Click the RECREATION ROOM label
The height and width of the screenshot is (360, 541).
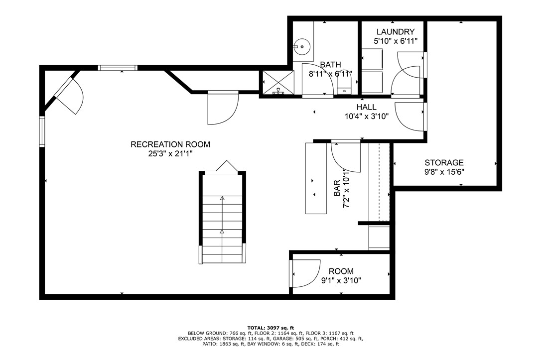170,144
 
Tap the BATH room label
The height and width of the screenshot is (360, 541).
330,65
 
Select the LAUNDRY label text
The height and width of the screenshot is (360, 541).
395,32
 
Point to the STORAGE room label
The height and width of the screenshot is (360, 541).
444,163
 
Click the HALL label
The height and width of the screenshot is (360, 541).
366,108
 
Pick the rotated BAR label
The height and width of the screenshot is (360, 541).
337,188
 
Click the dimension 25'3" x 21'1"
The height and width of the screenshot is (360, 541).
170,154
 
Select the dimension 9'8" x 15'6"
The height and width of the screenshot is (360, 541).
444,172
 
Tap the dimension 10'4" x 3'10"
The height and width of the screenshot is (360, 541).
366,117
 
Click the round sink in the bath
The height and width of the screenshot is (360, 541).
301,47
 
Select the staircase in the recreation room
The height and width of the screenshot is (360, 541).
222,219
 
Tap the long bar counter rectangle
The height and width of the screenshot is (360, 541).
316,178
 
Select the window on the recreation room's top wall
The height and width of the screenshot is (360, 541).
117,68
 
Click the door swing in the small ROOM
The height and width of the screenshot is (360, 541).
305,274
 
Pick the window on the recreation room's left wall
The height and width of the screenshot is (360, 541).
42,131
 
